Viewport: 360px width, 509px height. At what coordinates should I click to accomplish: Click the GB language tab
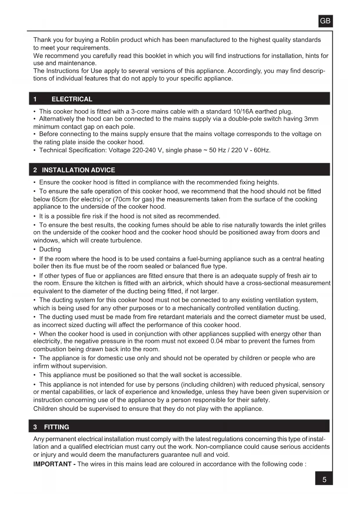pyautogui.click(x=325, y=21)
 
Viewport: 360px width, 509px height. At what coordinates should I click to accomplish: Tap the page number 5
pyautogui.click(x=324, y=480)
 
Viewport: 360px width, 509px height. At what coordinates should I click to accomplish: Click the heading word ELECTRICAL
pyautogui.click(x=72, y=99)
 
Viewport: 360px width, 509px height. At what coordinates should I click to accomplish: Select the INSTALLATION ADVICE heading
pyautogui.click(x=78, y=170)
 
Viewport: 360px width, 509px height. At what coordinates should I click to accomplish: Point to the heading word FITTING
pyautogui.click(x=57, y=427)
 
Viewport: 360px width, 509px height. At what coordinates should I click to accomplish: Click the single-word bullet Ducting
pyautogui.click(x=50, y=249)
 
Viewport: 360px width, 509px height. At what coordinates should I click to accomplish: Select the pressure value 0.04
pyautogui.click(x=217, y=341)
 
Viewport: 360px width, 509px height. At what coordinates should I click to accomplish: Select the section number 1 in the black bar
pyautogui.click(x=35, y=99)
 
